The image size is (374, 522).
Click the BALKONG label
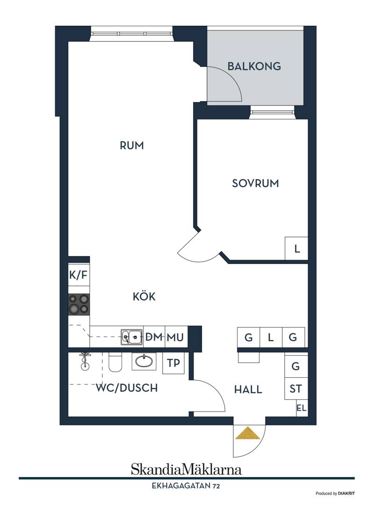point(254,66)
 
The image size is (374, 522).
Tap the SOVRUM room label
point(255,184)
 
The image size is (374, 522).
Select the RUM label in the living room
point(132,146)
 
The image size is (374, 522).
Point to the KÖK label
point(144,296)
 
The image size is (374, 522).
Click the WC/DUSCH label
point(127,388)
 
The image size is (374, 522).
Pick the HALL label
point(248,390)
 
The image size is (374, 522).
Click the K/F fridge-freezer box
point(79,275)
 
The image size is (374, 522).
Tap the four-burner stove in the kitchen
point(79,304)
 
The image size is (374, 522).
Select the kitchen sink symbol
point(132,337)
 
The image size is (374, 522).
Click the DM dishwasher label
point(154,337)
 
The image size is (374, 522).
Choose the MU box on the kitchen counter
point(175,337)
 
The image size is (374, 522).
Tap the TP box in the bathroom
point(173,363)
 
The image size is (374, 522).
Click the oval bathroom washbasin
point(144,361)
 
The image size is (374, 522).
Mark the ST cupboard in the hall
point(296,389)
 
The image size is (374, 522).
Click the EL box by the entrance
point(302,408)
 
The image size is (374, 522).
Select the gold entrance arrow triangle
point(248,433)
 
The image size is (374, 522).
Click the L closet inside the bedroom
point(296,248)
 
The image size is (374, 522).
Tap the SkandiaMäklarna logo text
point(186,469)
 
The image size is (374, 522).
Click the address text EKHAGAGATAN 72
point(186,486)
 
